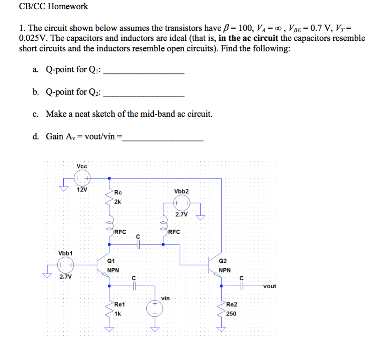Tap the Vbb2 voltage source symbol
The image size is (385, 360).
coord(182,204)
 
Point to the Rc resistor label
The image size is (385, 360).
coord(118,192)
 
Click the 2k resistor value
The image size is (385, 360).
coord(118,202)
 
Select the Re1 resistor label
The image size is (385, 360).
coord(120,305)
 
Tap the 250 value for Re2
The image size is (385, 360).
coord(231,313)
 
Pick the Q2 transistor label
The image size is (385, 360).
coord(223,260)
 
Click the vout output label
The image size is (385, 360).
coord(269,286)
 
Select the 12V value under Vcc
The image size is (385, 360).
coord(82,190)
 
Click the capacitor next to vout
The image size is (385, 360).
coord(242,286)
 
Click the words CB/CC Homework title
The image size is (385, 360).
coord(54,6)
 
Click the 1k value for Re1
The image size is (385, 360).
coord(117,313)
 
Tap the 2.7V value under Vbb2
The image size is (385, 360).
coord(182,215)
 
